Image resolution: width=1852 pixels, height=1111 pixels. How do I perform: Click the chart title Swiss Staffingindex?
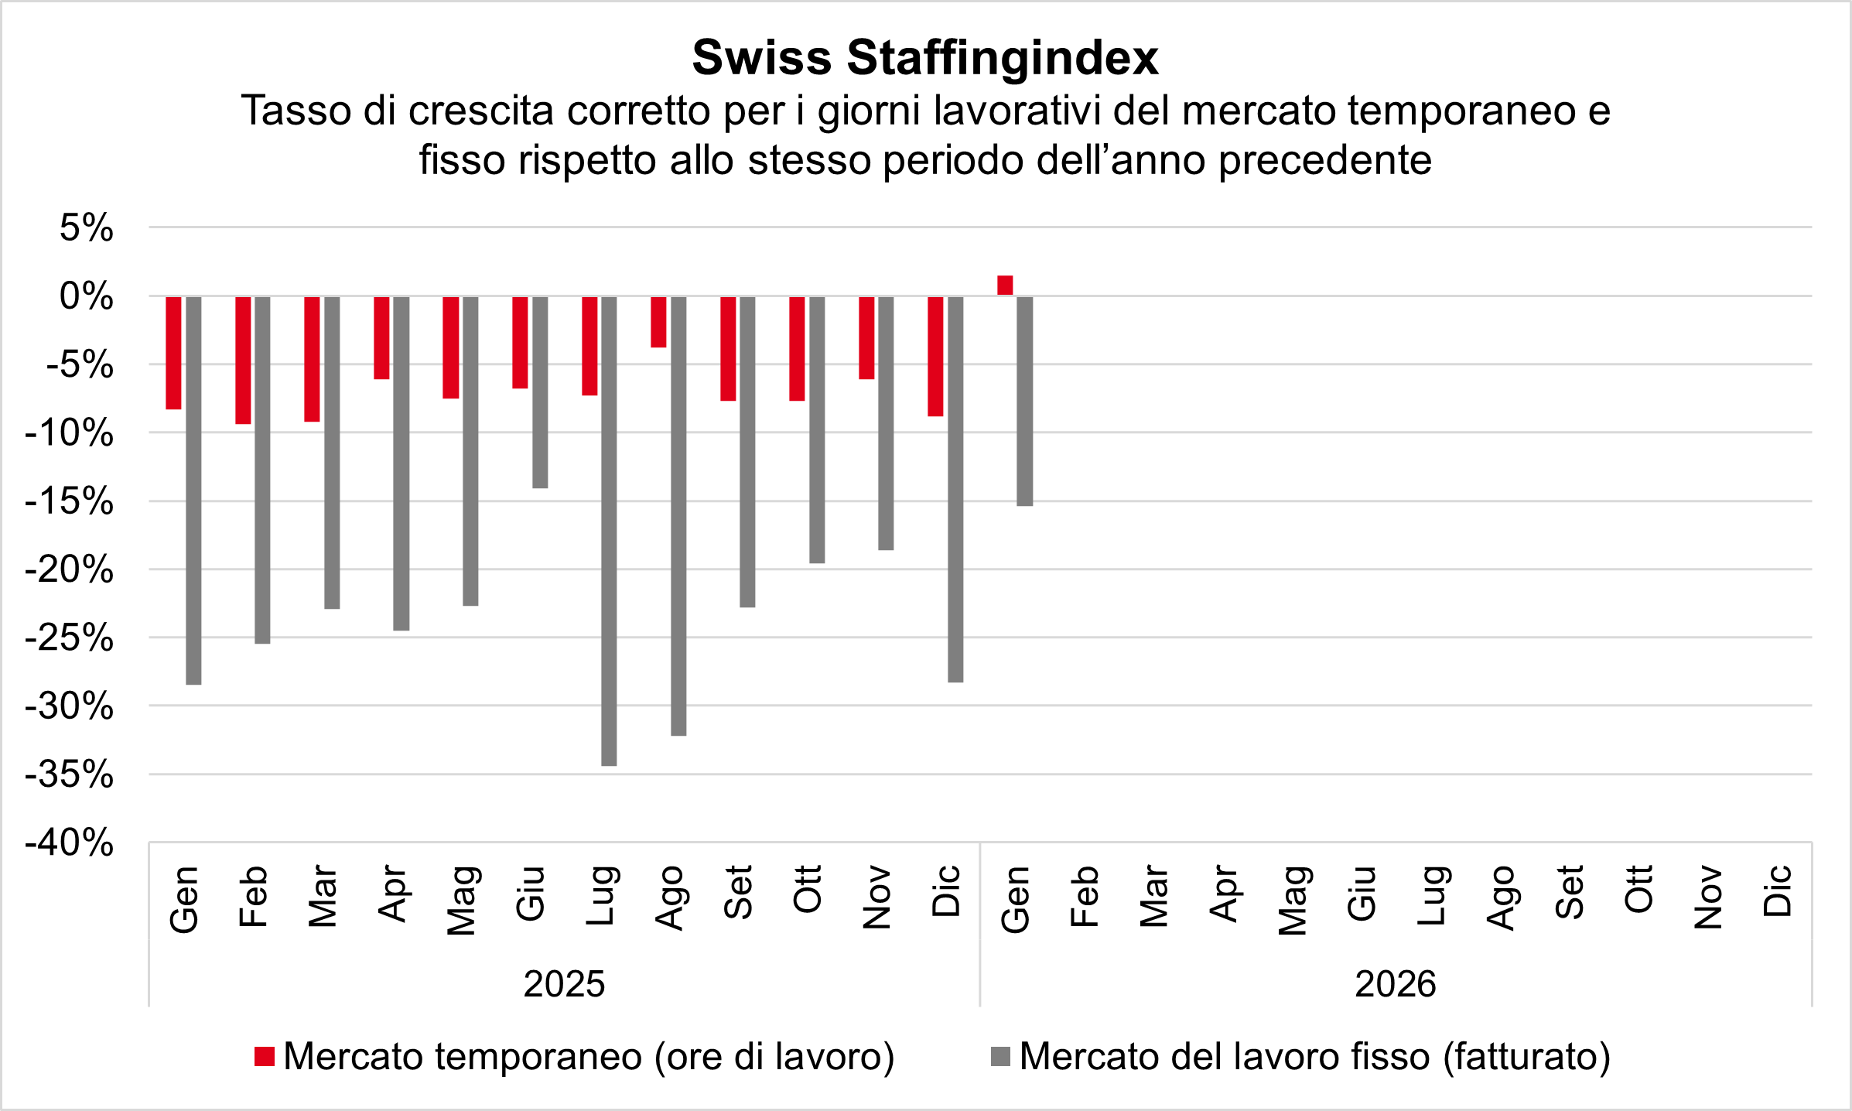tap(925, 58)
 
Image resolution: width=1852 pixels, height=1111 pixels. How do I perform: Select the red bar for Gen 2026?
tap(1005, 285)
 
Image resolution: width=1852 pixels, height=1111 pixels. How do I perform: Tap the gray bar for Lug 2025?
tap(609, 531)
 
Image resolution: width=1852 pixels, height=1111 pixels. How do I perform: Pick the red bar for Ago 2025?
tap(658, 322)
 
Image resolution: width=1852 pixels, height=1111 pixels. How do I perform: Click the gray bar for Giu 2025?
tap(540, 392)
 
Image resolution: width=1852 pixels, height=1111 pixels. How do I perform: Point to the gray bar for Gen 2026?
tap(1024, 401)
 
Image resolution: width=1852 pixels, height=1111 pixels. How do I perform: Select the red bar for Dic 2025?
tap(935, 356)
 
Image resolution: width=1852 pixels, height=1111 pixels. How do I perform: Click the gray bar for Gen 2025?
tap(193, 491)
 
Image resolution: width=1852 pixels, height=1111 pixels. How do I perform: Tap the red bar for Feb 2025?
tap(243, 360)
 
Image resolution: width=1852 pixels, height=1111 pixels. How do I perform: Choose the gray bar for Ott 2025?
tap(817, 429)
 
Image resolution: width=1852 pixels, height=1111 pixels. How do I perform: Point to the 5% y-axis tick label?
tap(87, 228)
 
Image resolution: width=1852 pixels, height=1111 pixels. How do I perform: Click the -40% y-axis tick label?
tap(70, 843)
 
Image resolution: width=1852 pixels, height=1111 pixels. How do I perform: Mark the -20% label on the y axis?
tap(70, 570)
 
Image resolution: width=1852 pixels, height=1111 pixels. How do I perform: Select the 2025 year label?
tap(564, 985)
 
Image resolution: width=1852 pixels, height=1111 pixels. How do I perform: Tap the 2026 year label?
tap(1395, 985)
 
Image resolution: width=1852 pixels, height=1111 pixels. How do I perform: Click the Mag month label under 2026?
tap(1291, 901)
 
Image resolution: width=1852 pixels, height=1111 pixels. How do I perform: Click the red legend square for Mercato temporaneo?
tap(265, 1057)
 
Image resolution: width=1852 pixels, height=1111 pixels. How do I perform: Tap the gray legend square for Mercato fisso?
tap(1000, 1057)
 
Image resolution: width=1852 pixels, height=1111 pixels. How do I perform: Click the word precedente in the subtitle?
tap(1324, 161)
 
